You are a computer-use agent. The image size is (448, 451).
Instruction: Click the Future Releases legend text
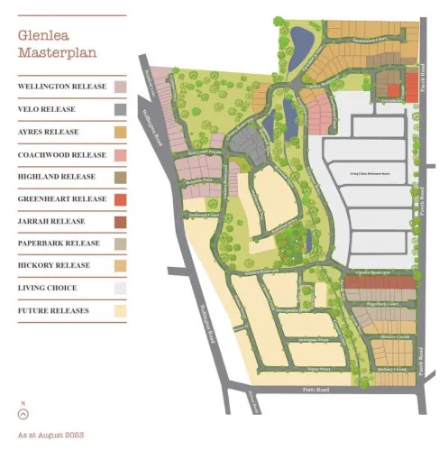point(52,311)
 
